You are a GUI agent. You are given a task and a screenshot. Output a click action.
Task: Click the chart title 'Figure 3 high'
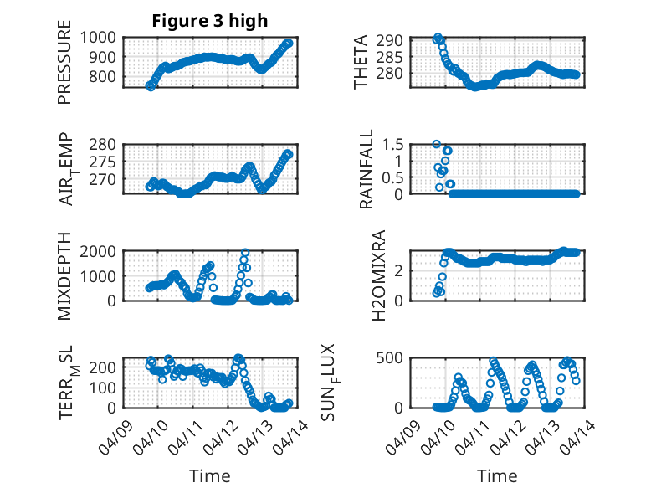point(209,21)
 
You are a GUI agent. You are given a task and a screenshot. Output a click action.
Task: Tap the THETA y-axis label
point(361,62)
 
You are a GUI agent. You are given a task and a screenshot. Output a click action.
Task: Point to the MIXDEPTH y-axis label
point(65,275)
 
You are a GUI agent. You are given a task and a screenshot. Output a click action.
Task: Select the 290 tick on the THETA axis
point(395,40)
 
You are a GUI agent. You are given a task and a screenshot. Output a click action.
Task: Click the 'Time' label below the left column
point(209,475)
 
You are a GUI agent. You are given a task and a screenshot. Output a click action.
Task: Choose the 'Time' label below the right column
point(497,475)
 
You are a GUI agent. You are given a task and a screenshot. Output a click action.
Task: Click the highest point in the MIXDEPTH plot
point(245,252)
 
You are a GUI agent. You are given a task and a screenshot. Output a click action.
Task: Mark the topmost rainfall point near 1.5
point(436,144)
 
